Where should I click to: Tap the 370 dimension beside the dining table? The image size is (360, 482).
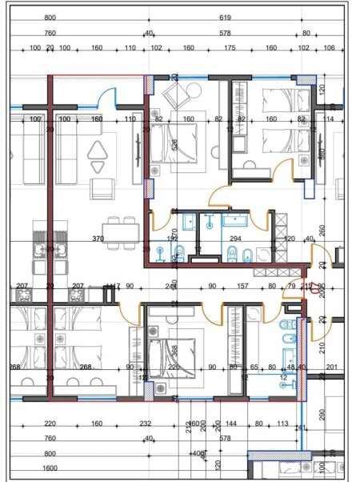(x=98, y=239)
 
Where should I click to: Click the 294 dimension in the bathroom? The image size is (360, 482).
(x=236, y=239)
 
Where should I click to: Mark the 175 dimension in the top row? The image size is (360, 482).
(x=230, y=48)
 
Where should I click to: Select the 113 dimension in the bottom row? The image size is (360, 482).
(x=282, y=424)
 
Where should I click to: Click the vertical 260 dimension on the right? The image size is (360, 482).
(x=320, y=231)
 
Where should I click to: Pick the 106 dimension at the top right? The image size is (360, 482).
(x=330, y=48)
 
